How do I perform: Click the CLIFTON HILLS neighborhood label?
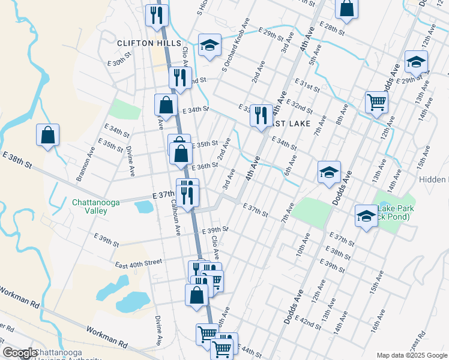tap(149, 44)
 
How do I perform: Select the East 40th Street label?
tap(139, 262)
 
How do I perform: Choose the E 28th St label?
tap(333, 29)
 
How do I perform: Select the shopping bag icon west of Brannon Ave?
tap(47, 136)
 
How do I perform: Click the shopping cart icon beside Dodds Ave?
tap(376, 102)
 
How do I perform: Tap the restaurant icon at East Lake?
tap(261, 114)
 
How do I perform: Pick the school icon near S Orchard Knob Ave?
tap(209, 45)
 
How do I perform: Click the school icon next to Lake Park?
tap(366, 215)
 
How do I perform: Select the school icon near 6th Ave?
tap(329, 173)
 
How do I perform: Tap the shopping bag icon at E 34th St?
tap(166, 105)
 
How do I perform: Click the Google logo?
tap(20, 353)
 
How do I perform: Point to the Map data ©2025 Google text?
tap(411, 355)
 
